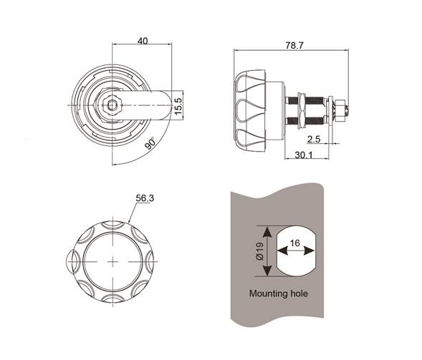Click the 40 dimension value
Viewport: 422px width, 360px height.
coord(143,41)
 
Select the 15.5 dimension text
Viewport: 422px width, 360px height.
coord(178,107)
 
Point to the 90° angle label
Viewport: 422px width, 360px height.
coord(150,143)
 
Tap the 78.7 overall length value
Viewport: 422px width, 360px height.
coord(294,45)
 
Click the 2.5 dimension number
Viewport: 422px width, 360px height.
coord(314,139)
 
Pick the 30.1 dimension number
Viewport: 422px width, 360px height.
coord(304,155)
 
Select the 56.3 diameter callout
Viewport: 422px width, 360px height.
coord(145,198)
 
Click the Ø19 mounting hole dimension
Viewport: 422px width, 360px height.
coord(259,251)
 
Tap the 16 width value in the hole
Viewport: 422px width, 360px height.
coord(295,243)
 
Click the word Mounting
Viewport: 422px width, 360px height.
coord(269,293)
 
